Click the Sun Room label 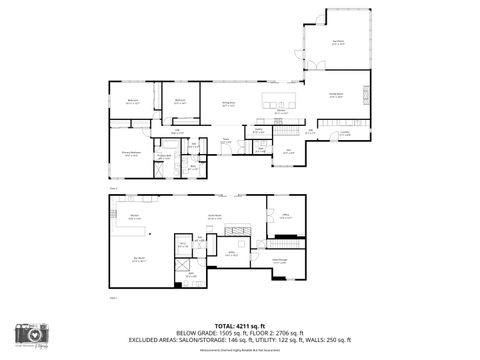tap(338, 42)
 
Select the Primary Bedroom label tap(130, 152)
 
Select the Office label tap(285, 215)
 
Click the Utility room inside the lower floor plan tap(231, 253)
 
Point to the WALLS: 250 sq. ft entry tap(331, 339)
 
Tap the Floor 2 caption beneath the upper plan tap(113, 187)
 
